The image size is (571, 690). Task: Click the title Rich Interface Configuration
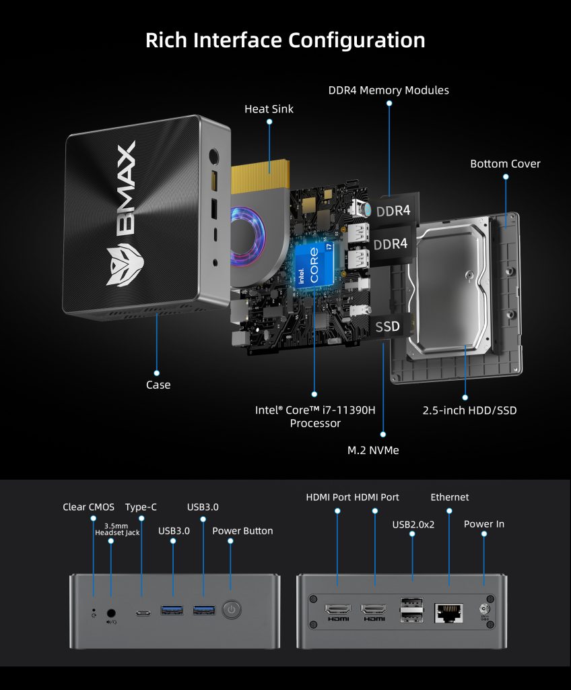(x=285, y=40)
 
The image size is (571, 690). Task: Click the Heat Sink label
(x=269, y=108)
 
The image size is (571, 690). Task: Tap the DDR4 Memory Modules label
(x=389, y=90)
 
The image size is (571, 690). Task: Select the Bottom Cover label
(x=505, y=164)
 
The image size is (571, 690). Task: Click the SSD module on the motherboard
(x=387, y=327)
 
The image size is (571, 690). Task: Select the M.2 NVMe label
(x=383, y=449)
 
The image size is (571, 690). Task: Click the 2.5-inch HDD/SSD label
(x=469, y=410)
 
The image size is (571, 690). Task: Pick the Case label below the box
(x=158, y=385)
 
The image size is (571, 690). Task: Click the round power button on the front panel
(x=231, y=610)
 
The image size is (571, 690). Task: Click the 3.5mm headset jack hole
(x=111, y=613)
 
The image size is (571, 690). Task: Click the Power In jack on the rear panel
(x=483, y=610)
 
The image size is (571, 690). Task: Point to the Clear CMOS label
(x=89, y=507)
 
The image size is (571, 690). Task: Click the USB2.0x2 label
(x=413, y=524)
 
